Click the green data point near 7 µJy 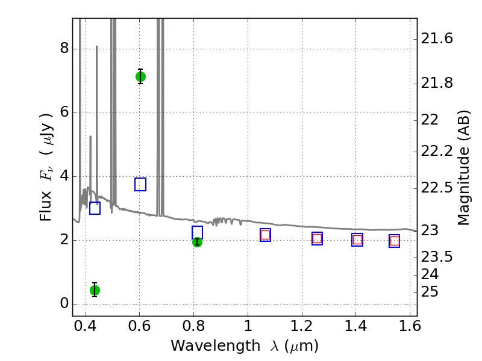pyautogui.click(x=140, y=76)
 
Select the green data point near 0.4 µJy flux pyautogui.click(x=95, y=290)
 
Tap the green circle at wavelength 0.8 pyautogui.click(x=197, y=242)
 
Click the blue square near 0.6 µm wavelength pyautogui.click(x=140, y=184)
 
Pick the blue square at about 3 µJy pyautogui.click(x=95, y=208)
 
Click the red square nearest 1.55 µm pyautogui.click(x=395, y=241)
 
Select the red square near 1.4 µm pyautogui.click(x=357, y=239)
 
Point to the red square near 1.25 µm pyautogui.click(x=318, y=238)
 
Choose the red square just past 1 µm pyautogui.click(x=265, y=235)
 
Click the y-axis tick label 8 pyautogui.click(x=64, y=48)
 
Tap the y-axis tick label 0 pyautogui.click(x=64, y=303)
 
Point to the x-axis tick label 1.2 pyautogui.click(x=302, y=326)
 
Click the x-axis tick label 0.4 pyautogui.click(x=86, y=326)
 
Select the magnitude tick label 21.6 pyautogui.click(x=437, y=39)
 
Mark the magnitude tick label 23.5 pyautogui.click(x=437, y=257)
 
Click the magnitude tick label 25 pyautogui.click(x=430, y=292)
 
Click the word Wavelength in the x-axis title pyautogui.click(x=216, y=346)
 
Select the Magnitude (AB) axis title pyautogui.click(x=463, y=168)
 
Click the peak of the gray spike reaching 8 pyautogui.click(x=97, y=46)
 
